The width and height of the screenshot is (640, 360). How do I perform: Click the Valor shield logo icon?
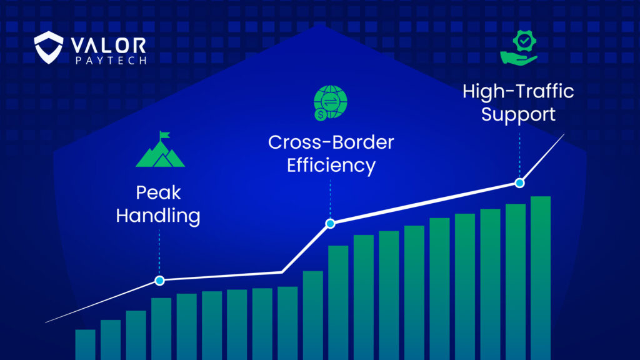click(x=49, y=47)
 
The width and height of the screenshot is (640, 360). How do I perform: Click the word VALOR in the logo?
click(x=108, y=46)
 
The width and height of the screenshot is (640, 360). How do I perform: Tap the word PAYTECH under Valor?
click(x=111, y=61)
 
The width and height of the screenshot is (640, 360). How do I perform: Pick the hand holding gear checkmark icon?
click(x=519, y=47)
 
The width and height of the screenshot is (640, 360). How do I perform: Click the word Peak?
click(x=158, y=192)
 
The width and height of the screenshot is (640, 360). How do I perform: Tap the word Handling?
click(x=158, y=216)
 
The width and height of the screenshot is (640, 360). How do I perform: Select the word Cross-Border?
click(x=331, y=142)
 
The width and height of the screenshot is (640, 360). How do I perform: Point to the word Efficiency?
click(x=331, y=166)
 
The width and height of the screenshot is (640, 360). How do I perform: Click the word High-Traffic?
click(x=518, y=91)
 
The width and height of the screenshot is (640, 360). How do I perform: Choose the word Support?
click(x=518, y=114)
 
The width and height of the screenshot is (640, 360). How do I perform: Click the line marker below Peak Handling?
click(x=159, y=281)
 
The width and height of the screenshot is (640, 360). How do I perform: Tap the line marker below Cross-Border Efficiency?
click(x=330, y=223)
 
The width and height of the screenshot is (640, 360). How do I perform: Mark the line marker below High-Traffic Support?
click(x=519, y=183)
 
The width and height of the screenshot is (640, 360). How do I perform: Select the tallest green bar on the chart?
click(x=541, y=278)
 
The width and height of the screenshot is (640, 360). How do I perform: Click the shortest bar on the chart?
click(x=85, y=344)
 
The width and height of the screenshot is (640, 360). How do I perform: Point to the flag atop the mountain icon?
click(x=164, y=135)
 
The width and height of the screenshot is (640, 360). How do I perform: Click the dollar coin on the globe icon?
click(x=321, y=115)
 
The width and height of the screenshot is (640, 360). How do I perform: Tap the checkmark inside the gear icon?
click(x=524, y=41)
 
